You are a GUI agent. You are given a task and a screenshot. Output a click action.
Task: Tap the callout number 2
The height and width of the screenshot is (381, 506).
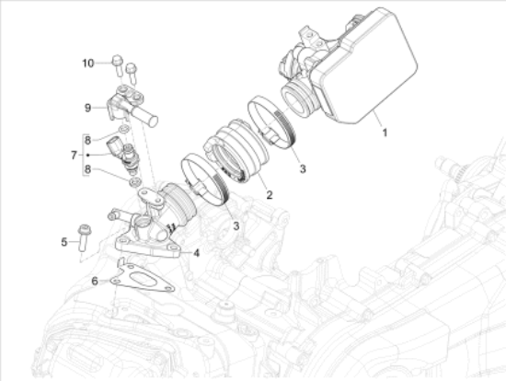(x=268, y=194)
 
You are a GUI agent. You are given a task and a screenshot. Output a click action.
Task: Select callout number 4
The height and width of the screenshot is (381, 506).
(x=197, y=251)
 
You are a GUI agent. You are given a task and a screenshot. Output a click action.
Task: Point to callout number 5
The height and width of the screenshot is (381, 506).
(x=64, y=242)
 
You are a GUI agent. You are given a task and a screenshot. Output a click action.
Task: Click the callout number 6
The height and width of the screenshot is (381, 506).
(x=94, y=281)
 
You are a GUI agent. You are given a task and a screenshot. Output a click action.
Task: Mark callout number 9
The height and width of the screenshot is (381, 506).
(x=87, y=107)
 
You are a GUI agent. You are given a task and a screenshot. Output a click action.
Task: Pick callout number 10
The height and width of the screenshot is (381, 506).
(x=87, y=63)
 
